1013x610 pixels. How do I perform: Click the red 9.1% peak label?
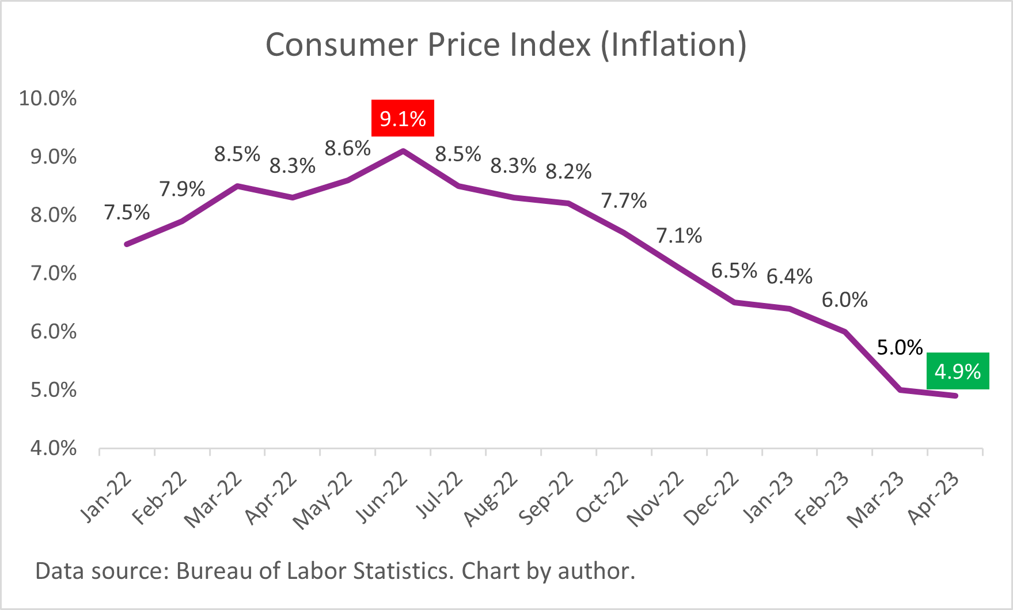pos(403,119)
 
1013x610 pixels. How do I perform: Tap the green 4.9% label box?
pos(958,371)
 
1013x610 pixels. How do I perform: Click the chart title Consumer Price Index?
pos(506,45)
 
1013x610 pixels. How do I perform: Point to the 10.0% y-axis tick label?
pos(48,98)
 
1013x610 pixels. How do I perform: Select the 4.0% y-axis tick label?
pos(53,448)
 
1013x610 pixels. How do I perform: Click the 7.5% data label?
pos(127,213)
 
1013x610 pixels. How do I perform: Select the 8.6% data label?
pos(347,149)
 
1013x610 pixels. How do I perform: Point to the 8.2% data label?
pos(568,172)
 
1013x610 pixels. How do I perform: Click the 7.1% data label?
pos(679,236)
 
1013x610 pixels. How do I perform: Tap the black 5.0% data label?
pos(900,347)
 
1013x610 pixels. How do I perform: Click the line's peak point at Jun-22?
pos(403,151)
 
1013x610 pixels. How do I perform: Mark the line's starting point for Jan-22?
pos(127,244)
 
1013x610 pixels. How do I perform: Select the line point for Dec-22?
pos(734,302)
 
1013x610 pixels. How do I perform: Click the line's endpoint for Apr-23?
pos(955,396)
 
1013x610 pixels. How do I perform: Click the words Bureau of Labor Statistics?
pos(312,571)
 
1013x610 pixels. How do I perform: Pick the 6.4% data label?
pos(789,276)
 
